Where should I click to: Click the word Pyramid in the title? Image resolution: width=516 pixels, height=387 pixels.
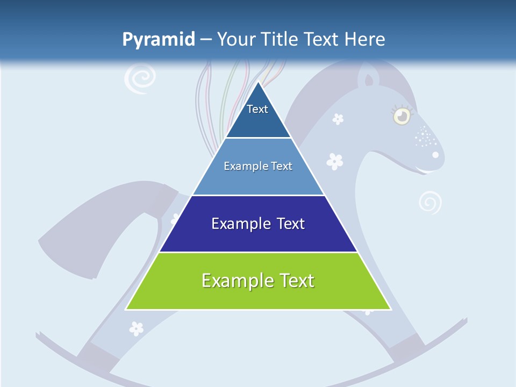point(159,40)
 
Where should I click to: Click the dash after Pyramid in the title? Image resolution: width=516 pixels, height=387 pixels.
point(205,40)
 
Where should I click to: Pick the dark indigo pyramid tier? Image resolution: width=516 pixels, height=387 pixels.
point(258,224)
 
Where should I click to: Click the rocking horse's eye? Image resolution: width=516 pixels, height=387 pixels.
point(400,116)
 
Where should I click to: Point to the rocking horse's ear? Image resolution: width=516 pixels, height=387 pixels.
point(369,79)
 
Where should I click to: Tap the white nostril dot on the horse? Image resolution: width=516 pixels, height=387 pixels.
point(435,155)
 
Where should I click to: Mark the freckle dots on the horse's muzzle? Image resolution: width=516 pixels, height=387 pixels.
point(425,137)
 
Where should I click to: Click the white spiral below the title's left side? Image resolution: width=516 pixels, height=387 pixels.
point(139,79)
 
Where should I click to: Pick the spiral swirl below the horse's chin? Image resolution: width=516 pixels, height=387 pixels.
point(430,203)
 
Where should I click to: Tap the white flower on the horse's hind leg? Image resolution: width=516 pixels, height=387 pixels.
point(137,327)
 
